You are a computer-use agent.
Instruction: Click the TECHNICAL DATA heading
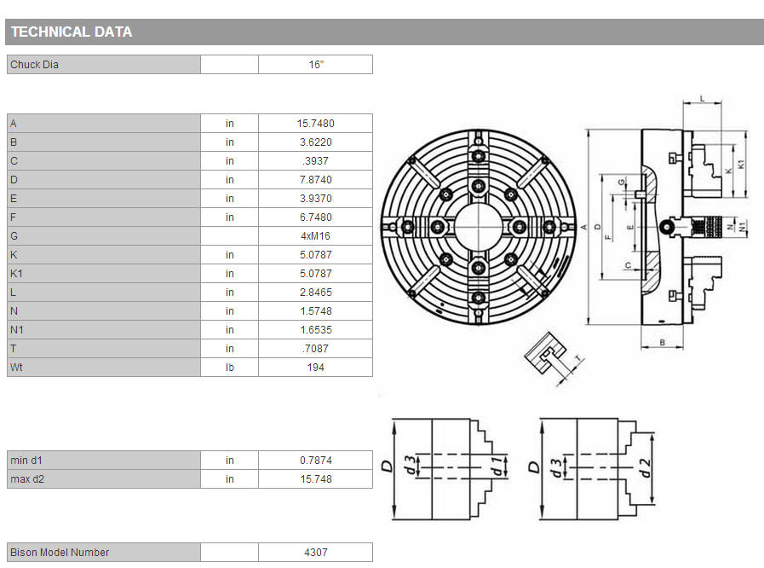coord(72,32)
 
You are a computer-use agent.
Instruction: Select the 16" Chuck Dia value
coord(316,65)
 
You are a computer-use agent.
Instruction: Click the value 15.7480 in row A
coord(316,124)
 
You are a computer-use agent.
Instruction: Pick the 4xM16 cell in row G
coord(316,236)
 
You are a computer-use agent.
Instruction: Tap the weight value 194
coord(316,368)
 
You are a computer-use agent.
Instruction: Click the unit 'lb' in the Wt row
coord(229,368)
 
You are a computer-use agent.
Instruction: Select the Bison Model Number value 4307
coord(316,553)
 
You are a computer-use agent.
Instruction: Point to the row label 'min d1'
coord(26,461)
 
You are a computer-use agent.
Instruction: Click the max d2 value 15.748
coord(316,479)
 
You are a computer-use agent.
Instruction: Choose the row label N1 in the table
coord(16,330)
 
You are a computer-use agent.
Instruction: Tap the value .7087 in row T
coord(316,349)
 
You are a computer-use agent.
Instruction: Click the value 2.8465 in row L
coord(316,293)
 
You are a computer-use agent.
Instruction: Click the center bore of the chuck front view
coord(478,226)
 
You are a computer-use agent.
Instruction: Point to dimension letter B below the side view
coord(662,343)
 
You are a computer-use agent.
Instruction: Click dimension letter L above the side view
coord(702,99)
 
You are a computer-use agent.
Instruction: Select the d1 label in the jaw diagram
coord(497,466)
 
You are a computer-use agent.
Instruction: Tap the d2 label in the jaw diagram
coord(645,468)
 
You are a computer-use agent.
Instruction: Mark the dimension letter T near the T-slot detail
coord(578,360)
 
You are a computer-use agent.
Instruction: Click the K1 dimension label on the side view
coord(741,165)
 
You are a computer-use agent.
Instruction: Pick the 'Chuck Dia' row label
coord(34,65)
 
